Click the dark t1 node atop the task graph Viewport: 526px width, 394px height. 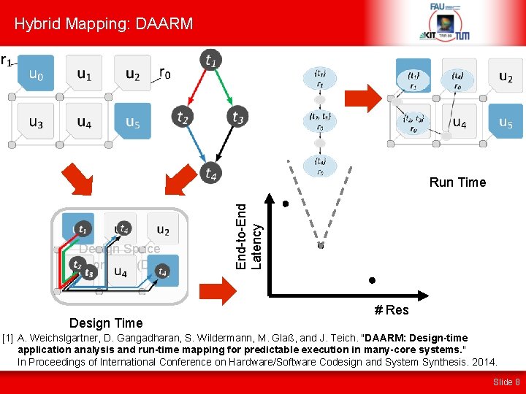click(211, 61)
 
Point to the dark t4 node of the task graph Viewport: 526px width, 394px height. click(211, 173)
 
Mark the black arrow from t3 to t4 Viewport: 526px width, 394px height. click(227, 145)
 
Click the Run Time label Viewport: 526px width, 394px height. click(457, 182)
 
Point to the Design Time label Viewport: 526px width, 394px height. click(106, 322)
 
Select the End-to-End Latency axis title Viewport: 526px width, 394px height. click(248, 235)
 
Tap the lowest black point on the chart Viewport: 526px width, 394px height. click(372, 279)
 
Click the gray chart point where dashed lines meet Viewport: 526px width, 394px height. click(320, 245)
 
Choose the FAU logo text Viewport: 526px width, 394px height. click(438, 7)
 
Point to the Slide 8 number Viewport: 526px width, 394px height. click(506, 382)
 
